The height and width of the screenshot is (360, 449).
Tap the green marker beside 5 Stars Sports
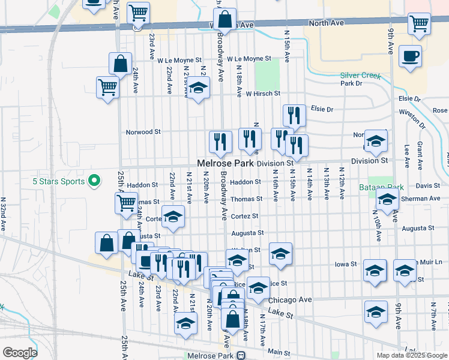(94, 179)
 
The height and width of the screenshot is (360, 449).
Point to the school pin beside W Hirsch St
(197, 89)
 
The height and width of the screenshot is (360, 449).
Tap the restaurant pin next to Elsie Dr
(294, 116)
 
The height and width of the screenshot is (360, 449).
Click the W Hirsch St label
(263, 94)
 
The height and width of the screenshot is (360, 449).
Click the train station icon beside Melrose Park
(241, 355)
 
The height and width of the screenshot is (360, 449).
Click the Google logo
(20, 353)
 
